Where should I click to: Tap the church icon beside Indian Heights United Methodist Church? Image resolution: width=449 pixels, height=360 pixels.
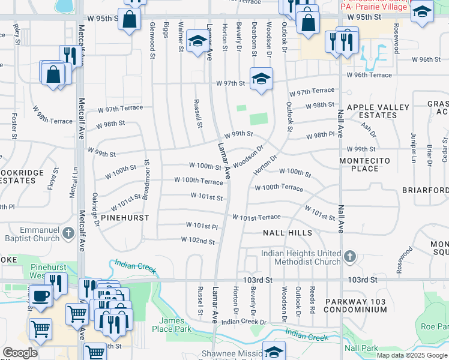350,257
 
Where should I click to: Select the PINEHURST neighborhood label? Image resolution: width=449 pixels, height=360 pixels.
124,218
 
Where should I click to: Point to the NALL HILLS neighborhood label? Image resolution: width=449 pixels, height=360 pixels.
288,233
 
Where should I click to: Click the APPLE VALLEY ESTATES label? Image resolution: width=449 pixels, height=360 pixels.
378,112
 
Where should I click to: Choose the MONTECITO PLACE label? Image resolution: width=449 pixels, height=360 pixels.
365,164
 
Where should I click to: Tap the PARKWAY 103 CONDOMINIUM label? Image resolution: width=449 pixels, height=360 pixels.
355,305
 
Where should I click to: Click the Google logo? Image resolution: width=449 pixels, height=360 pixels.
20,353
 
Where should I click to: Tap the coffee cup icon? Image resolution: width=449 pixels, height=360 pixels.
41,296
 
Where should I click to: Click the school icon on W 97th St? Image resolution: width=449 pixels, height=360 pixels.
261,79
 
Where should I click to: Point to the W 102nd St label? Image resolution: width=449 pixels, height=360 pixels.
197,241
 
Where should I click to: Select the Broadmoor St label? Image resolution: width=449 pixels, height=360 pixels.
146,179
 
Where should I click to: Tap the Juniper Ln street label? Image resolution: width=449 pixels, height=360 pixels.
414,148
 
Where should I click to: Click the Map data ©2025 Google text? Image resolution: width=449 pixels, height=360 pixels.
412,355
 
